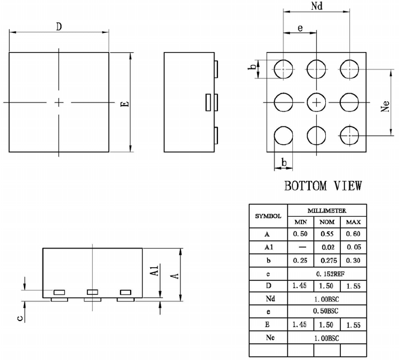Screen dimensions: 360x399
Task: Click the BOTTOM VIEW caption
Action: tap(322, 186)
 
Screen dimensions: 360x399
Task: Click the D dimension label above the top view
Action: tap(59, 26)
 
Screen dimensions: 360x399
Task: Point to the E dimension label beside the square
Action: tap(124, 103)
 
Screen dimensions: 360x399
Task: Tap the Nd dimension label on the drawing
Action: tap(318, 7)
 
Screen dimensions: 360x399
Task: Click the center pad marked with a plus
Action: tap(316, 102)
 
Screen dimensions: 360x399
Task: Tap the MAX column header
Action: tap(353, 222)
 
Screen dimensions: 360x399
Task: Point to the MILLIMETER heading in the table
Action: tap(327, 211)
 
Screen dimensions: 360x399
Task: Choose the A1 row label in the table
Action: tap(268, 247)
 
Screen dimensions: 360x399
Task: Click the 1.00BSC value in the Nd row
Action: tap(327, 298)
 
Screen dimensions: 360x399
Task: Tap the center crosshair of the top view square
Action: tap(59, 102)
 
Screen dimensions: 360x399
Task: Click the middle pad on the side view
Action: tap(208, 102)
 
